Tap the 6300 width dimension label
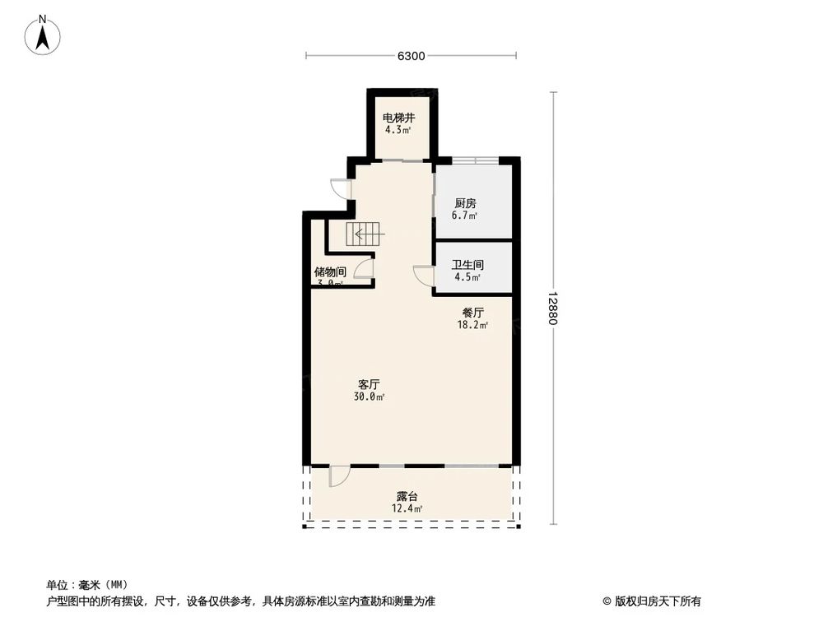click(411, 56)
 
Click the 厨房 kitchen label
click(465, 203)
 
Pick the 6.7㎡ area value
click(465, 216)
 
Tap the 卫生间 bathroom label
click(467, 265)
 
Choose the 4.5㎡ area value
click(467, 277)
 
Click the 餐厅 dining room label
click(472, 313)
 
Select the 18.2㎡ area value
click(472, 325)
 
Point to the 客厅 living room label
click(368, 384)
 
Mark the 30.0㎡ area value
click(368, 397)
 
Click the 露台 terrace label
click(407, 497)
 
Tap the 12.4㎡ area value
click(407, 509)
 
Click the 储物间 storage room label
click(329, 271)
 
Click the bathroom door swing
click(424, 276)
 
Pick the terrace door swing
click(338, 476)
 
